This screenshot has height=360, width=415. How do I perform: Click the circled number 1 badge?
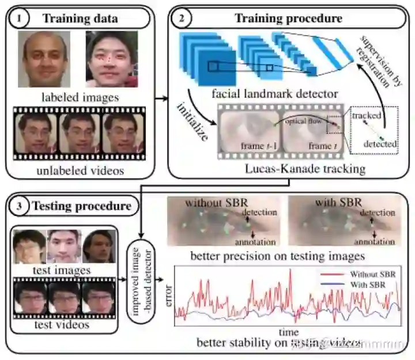tap(20, 18)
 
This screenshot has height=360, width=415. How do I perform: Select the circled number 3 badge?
tap(20, 206)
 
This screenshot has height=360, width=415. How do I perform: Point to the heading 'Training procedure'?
tap(288, 18)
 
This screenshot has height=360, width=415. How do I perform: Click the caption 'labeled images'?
tap(81, 97)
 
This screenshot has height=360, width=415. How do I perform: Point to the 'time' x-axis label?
tap(288, 333)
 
